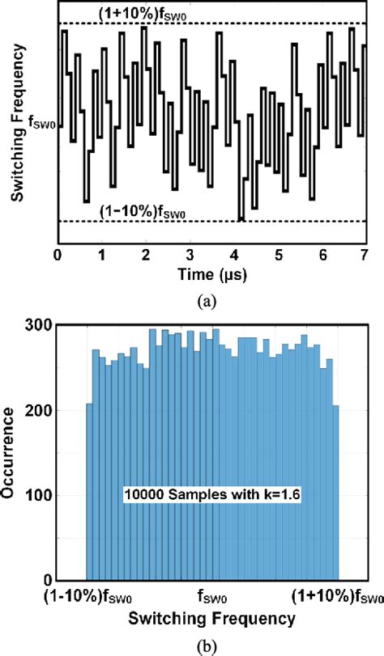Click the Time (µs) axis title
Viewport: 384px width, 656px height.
(211, 275)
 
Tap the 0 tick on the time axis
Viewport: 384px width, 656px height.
(58, 255)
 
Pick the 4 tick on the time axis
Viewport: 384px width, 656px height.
(233, 255)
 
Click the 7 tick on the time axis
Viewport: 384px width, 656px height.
(365, 255)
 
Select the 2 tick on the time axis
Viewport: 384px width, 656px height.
(146, 255)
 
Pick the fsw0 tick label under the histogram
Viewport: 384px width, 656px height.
(212, 599)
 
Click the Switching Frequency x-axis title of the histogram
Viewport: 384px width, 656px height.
(211, 620)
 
